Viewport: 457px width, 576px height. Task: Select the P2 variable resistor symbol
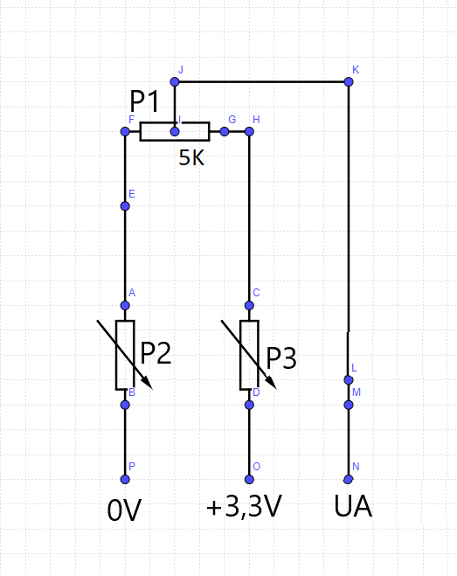125,355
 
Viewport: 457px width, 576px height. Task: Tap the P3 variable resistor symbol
249,355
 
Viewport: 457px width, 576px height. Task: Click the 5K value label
192,158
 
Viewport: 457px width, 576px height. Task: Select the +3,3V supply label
244,508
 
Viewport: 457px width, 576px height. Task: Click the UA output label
353,507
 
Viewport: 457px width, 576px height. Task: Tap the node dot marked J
175,82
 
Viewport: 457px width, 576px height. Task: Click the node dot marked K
349,82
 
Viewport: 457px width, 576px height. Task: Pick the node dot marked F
125,132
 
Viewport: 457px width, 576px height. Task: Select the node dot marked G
225,132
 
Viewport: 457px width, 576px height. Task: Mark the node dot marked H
249,132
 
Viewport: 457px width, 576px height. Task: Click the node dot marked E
125,206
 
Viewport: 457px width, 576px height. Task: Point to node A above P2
125,305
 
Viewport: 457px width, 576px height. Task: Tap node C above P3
249,305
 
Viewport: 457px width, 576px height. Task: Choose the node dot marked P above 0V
125,479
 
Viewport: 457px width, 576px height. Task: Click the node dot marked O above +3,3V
249,479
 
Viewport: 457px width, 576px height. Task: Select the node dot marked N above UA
349,479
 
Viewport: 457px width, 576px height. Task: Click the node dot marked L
349,380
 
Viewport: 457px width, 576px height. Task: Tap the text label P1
145,101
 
